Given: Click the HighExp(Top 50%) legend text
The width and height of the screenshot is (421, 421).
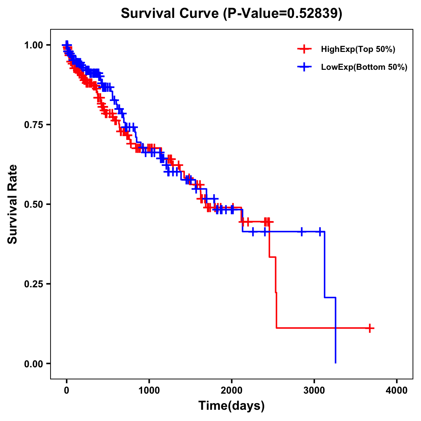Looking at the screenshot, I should click(x=358, y=49).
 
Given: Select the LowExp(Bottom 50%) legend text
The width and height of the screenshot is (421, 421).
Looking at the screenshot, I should click(x=364, y=67).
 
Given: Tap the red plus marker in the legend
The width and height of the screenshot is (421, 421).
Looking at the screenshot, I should click(x=304, y=49).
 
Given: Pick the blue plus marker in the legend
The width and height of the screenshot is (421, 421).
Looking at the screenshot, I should click(x=304, y=67).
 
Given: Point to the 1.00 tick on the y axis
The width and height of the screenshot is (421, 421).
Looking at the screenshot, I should click(x=33, y=45).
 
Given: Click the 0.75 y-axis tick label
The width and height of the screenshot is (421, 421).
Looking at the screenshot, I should click(x=33, y=125).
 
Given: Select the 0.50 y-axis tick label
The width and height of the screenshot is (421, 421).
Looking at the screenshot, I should click(x=33, y=204).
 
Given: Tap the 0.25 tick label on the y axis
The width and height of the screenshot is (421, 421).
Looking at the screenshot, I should click(x=33, y=284).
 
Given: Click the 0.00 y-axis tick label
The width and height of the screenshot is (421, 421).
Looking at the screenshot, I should click(x=33, y=364).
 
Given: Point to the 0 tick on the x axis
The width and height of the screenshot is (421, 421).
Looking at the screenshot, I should click(x=67, y=390).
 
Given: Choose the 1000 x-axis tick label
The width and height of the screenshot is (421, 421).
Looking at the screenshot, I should click(x=149, y=390).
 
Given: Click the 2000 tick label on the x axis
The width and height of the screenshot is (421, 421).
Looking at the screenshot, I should click(x=232, y=390).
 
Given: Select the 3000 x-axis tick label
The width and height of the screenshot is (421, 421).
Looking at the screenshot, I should click(x=314, y=390).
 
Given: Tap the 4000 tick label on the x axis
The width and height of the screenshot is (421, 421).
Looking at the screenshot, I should click(x=397, y=390).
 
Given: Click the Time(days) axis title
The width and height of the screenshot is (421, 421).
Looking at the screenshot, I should click(x=232, y=406).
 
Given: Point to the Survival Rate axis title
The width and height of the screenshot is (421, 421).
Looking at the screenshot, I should click(x=13, y=204).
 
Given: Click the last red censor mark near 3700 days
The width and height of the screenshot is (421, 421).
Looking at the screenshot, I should click(x=370, y=328).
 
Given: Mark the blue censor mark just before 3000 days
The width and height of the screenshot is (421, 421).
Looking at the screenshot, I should click(x=301, y=232).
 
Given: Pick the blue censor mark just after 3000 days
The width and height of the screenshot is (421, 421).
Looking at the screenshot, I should click(x=320, y=232).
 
